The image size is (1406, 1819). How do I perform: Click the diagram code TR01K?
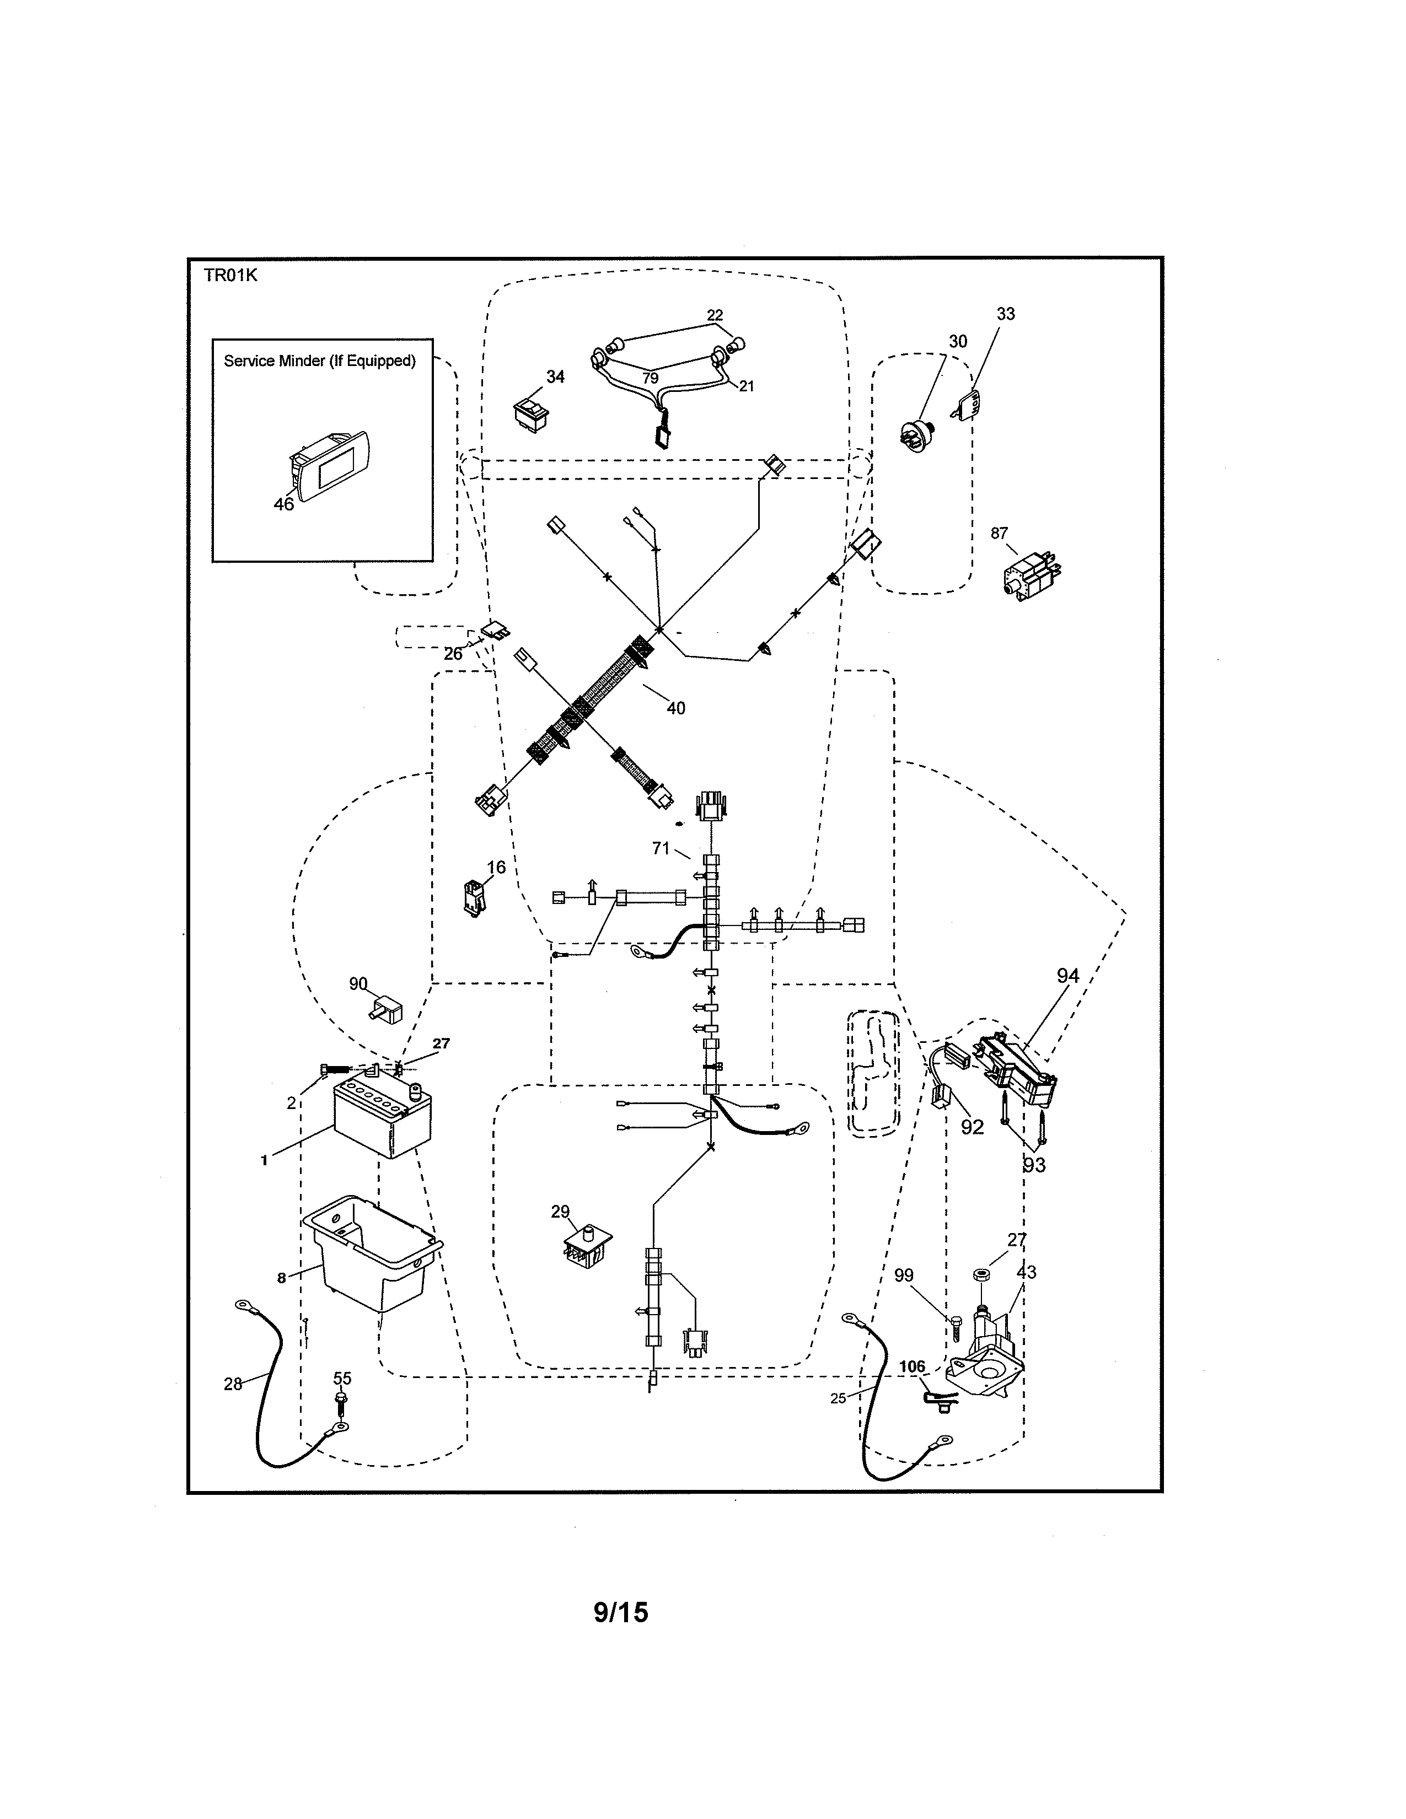[230, 276]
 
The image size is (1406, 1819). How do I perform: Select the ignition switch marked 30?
[919, 435]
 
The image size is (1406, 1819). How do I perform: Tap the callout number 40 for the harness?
[675, 708]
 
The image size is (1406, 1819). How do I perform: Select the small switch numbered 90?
[385, 1009]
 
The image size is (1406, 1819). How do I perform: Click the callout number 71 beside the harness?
[661, 848]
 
